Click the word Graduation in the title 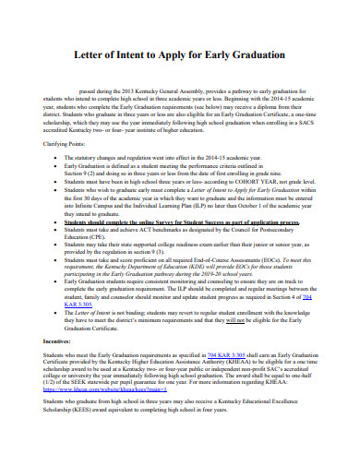tap(256, 54)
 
